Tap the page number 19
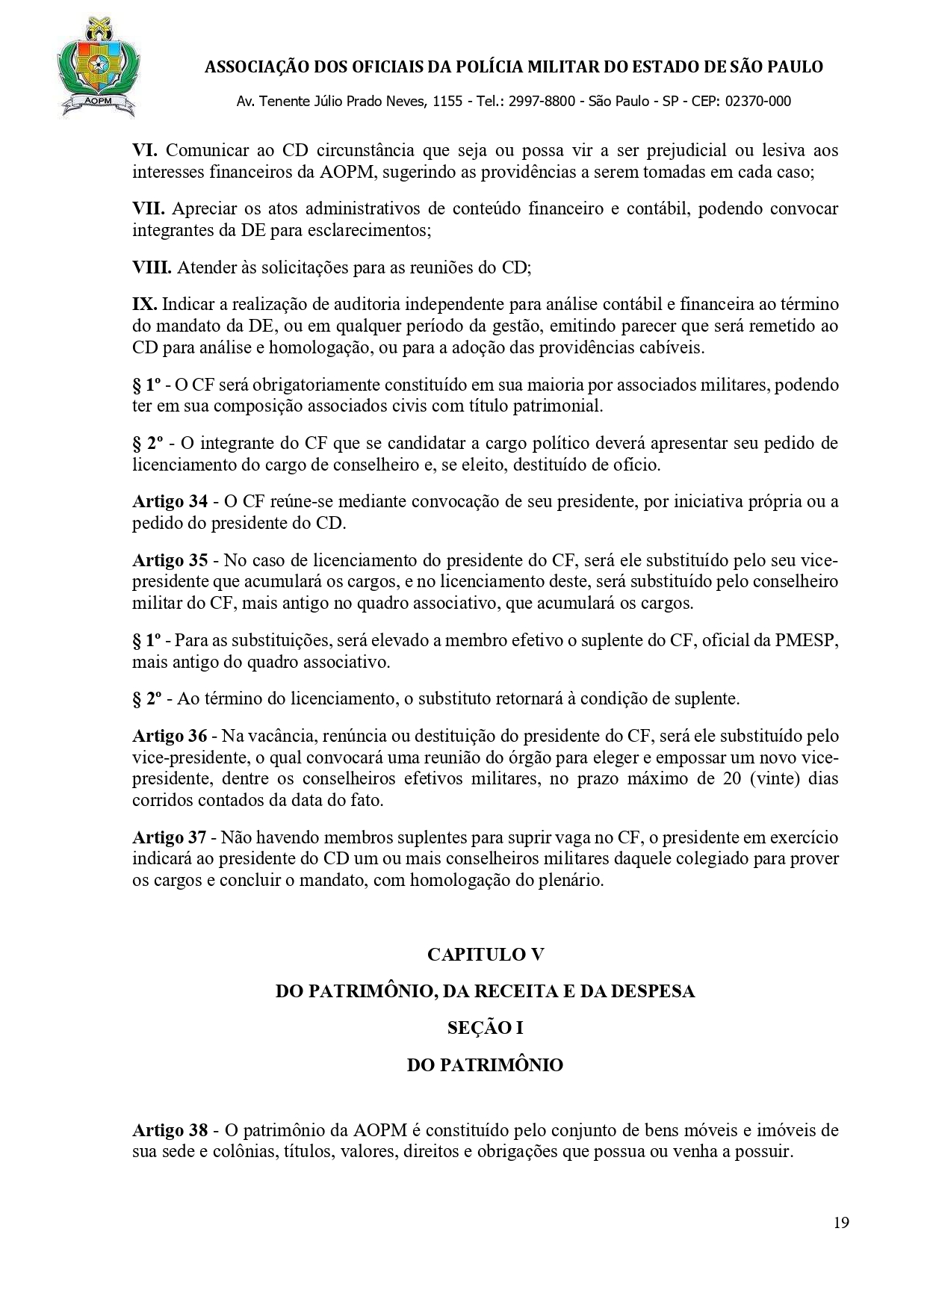point(841,1244)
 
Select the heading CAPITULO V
point(485,955)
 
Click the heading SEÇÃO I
point(485,1028)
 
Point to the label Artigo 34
point(170,501)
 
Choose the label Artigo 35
point(170,560)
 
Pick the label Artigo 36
point(170,737)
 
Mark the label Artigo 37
point(170,838)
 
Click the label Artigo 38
point(170,1130)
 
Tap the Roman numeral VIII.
point(152,267)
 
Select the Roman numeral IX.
point(144,305)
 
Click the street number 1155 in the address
point(447,102)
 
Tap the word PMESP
point(810,642)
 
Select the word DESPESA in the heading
point(653,991)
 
